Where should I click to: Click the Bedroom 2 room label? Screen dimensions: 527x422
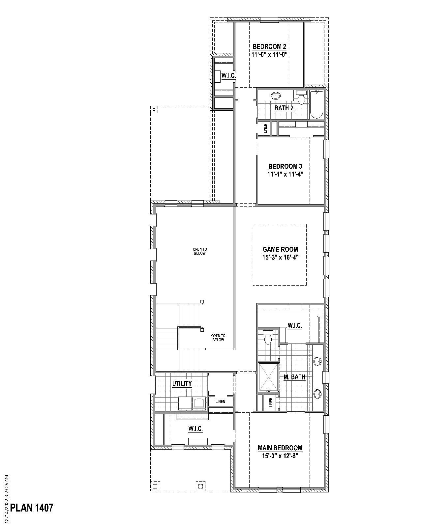coord(267,46)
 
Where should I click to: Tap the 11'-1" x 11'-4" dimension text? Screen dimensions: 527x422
coord(285,174)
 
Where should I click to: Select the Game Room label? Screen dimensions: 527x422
coord(280,249)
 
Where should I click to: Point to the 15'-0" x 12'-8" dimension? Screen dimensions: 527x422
coord(280,456)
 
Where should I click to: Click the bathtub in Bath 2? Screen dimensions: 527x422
coord(316,104)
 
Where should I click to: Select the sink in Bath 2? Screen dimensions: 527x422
coord(276,96)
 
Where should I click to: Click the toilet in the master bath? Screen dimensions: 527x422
coord(268,338)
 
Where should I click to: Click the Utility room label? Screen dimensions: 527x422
coord(182,384)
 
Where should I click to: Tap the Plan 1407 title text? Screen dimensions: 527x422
coord(32,508)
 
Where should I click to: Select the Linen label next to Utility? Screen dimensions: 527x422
coord(221,402)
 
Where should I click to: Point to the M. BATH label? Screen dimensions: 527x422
coord(294,377)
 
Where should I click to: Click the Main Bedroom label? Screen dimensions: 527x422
coord(280,448)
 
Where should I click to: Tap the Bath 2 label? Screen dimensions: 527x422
coord(284,108)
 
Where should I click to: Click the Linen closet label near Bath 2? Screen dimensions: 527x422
coord(265,128)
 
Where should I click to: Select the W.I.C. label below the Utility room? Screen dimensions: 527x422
coord(196,429)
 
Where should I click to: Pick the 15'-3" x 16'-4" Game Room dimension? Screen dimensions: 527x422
coord(280,258)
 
